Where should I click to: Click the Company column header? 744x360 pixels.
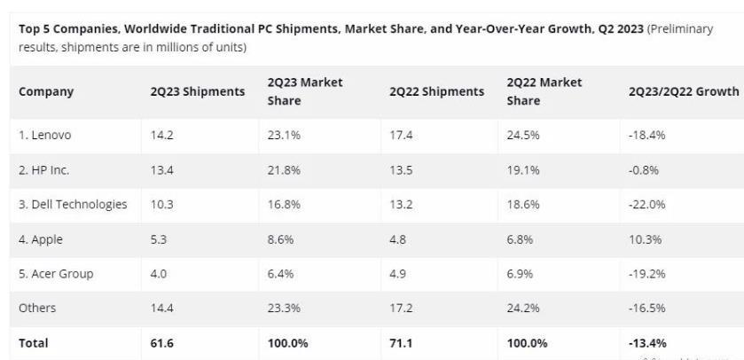coord(46,91)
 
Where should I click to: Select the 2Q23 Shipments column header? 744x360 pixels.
coord(197,91)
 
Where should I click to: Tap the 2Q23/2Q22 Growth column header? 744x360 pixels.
coord(683,91)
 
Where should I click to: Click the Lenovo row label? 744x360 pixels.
coord(44,136)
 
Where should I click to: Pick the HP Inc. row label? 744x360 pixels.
coord(43,170)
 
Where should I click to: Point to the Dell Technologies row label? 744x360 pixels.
coord(73,205)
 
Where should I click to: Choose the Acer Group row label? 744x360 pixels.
coord(55,274)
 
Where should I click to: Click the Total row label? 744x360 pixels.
coord(34,343)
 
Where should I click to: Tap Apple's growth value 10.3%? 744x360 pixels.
coord(646,239)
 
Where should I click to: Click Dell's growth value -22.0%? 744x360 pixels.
coord(647,205)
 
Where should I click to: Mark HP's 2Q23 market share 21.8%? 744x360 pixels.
coord(284,170)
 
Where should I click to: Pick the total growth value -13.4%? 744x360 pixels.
coord(647,343)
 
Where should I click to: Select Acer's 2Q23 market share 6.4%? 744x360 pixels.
coord(281,274)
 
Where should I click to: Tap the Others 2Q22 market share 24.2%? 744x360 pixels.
coord(523,309)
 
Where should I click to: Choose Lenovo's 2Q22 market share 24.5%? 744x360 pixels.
coord(523,136)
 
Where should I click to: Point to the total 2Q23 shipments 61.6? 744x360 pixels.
coord(162,343)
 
